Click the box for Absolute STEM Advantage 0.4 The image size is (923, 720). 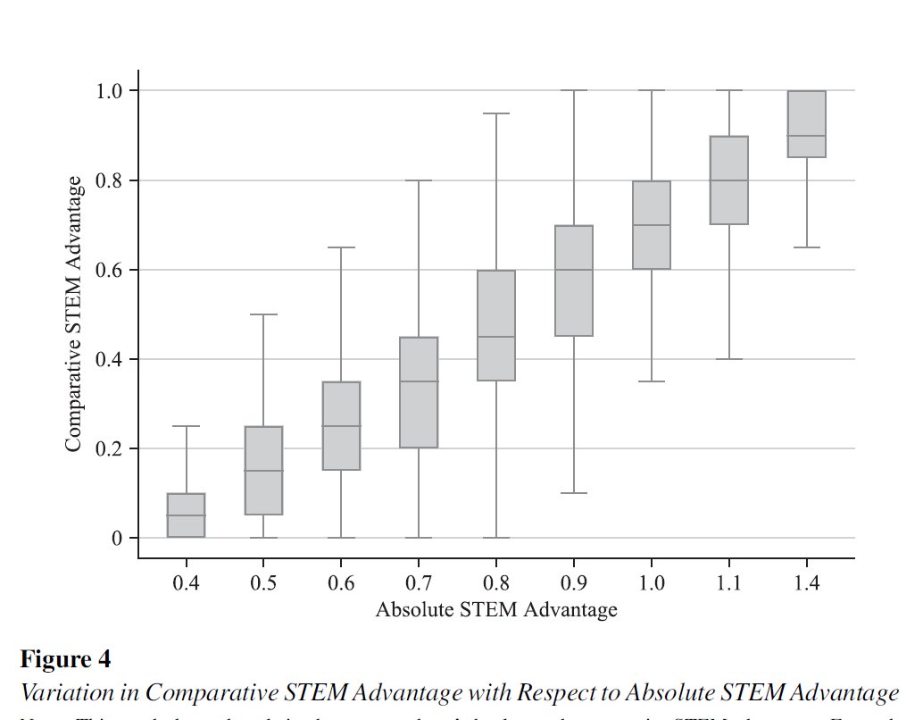(x=187, y=515)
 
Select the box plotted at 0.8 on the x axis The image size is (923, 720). (x=496, y=325)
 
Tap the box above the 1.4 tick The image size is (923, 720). (x=806, y=123)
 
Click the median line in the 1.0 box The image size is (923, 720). (x=652, y=225)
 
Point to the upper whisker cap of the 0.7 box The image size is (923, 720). (x=419, y=180)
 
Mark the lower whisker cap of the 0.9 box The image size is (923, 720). (x=574, y=493)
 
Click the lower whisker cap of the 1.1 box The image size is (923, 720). (x=728, y=359)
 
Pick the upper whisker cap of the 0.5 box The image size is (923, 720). (x=264, y=314)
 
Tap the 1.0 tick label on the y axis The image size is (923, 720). (x=116, y=91)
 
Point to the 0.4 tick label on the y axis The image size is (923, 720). (x=116, y=359)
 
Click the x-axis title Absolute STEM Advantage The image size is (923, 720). (x=496, y=611)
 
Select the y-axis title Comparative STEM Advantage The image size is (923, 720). (x=76, y=313)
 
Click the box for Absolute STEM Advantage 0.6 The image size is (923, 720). (x=341, y=425)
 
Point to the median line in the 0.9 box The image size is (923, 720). (x=574, y=270)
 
